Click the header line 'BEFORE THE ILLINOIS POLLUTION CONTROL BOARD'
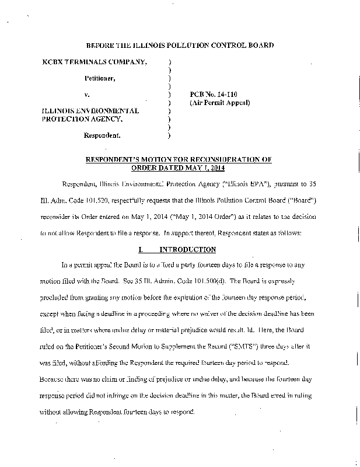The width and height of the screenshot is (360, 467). [x=180, y=45]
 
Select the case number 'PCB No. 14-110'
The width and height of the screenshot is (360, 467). [x=214, y=93]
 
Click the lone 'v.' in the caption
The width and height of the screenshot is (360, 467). [x=88, y=93]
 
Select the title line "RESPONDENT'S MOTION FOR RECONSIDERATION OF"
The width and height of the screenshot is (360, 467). [x=179, y=158]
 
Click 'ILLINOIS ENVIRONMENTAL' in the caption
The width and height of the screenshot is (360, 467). [x=90, y=110]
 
